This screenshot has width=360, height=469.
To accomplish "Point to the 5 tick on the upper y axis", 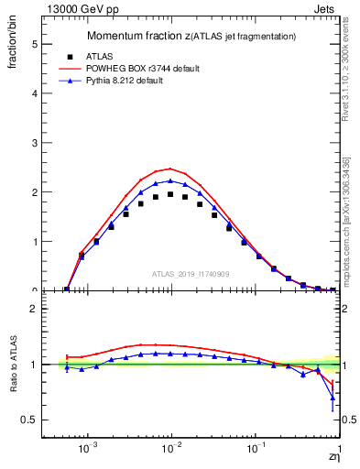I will pyautogui.click(x=36, y=43).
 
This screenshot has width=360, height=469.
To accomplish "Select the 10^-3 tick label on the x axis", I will pyautogui.click(x=88, y=450).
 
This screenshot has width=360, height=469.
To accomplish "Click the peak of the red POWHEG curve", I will pyautogui.click(x=170, y=169).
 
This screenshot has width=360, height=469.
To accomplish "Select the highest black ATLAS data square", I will pyautogui.click(x=170, y=194).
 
